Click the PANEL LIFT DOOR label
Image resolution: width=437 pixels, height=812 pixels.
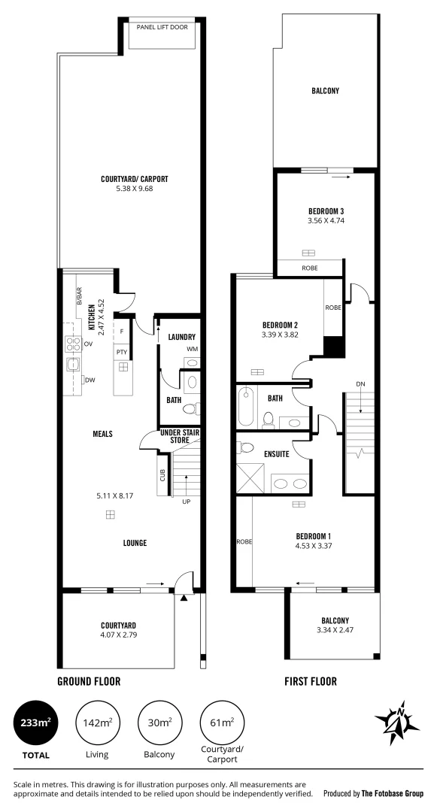coord(162,27)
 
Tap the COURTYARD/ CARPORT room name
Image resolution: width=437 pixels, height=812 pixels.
coord(134,179)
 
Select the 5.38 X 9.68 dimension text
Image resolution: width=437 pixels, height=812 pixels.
coord(134,189)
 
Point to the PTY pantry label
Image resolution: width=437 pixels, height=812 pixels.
coord(120,351)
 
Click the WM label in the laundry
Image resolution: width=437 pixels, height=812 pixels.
coord(192,350)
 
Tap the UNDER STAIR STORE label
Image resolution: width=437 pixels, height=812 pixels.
coord(179,436)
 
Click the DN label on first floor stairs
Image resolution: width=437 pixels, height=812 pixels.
coord(360,384)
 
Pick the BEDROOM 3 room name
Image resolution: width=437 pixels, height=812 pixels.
coord(326,211)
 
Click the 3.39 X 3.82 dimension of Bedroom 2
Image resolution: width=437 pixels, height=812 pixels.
coord(281,335)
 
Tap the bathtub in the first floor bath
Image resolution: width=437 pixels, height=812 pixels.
coord(247,406)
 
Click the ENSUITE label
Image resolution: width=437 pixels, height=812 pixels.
coord(277,453)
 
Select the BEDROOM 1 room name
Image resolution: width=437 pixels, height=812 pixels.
coord(314,536)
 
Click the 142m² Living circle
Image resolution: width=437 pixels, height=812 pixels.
coord(97,722)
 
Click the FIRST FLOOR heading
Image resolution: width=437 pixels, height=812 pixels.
coord(310,682)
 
